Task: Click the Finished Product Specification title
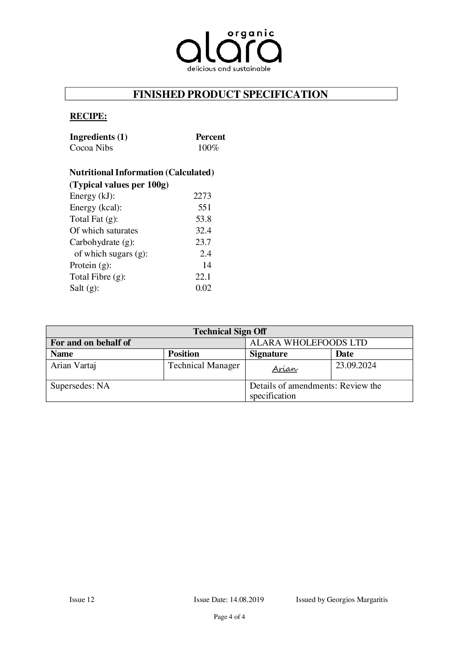click(x=230, y=94)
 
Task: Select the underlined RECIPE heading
click(x=88, y=116)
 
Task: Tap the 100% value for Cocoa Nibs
click(x=208, y=148)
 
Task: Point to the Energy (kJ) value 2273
click(x=202, y=196)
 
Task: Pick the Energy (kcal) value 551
click(x=205, y=208)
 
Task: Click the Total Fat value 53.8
click(x=203, y=219)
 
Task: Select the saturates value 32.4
click(x=203, y=231)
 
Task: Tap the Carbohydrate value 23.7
click(x=203, y=242)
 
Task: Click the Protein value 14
click(x=207, y=265)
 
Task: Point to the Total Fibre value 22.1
click(x=203, y=277)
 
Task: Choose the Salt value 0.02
click(x=203, y=288)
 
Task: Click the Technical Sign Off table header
click(x=229, y=332)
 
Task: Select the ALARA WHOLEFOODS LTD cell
click(x=308, y=343)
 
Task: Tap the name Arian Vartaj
click(x=73, y=366)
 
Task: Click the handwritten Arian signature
click(x=285, y=369)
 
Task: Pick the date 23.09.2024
click(x=356, y=366)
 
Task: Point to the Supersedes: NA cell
click(x=80, y=386)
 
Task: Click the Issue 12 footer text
click(x=82, y=600)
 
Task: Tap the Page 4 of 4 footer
click(x=229, y=617)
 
